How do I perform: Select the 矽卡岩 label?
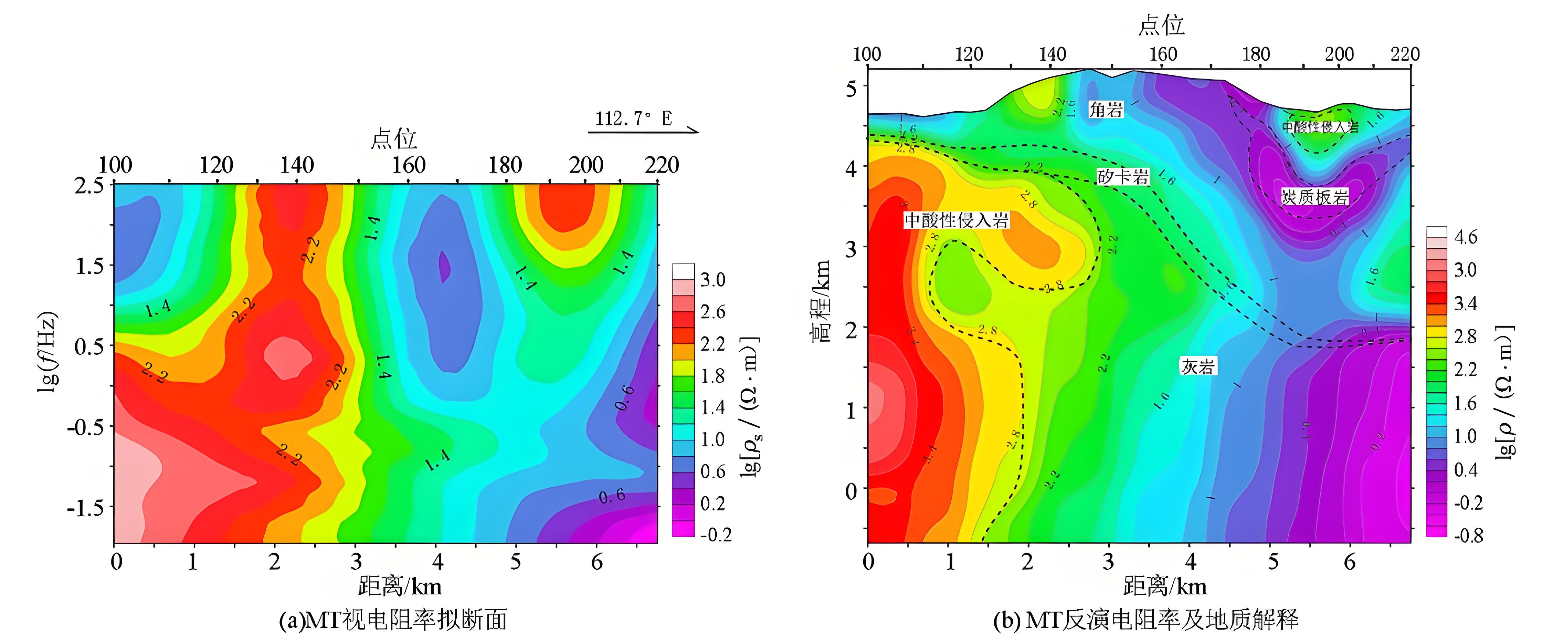[x=1122, y=177]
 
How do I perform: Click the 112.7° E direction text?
[x=633, y=118]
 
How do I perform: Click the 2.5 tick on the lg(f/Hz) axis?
[x=88, y=186]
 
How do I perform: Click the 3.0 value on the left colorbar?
[x=713, y=280]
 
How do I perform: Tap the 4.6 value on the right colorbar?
[x=1465, y=237]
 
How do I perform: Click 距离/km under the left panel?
[x=400, y=586]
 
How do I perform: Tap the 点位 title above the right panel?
[x=1161, y=25]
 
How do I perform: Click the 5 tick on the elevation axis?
[x=851, y=89]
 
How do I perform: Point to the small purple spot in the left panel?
[x=444, y=267]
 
